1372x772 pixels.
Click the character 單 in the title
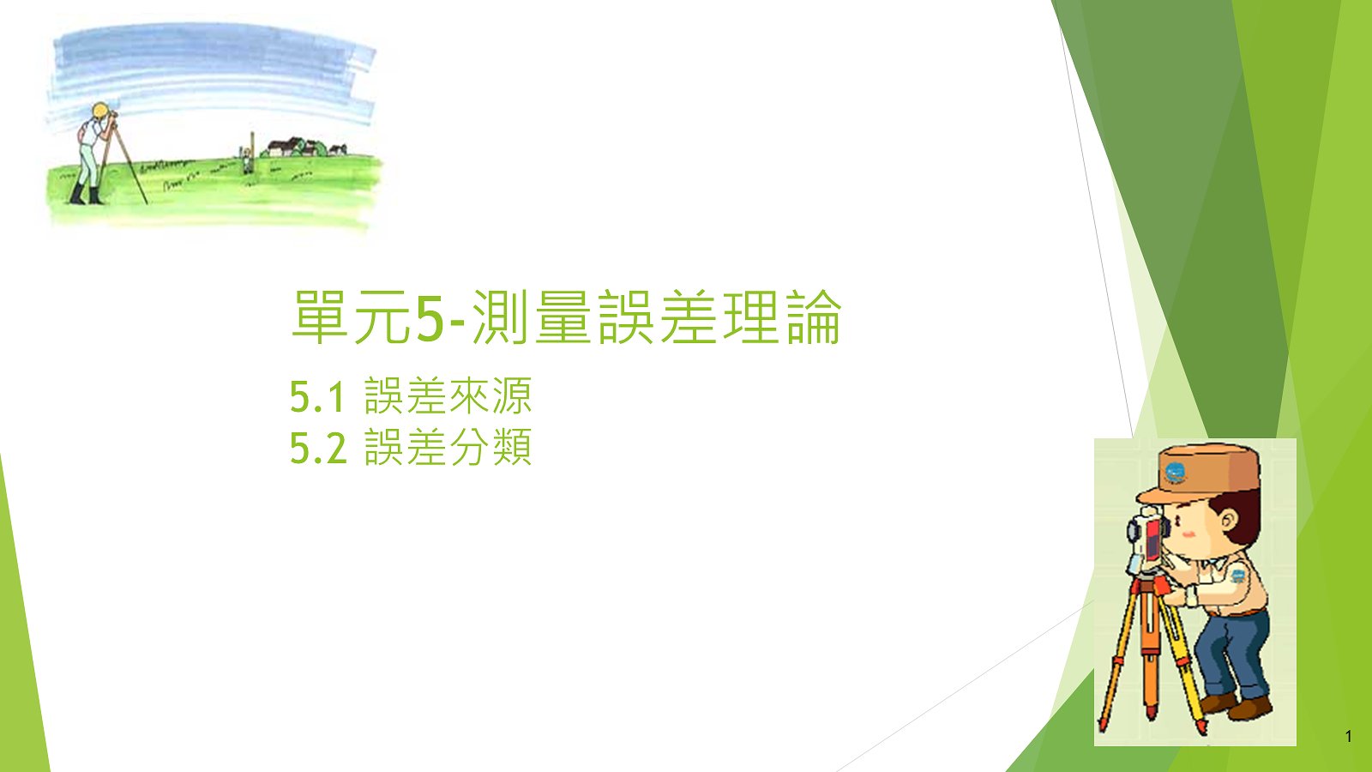click(x=319, y=317)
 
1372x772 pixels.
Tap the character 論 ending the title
click(x=815, y=317)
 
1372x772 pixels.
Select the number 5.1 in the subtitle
click(x=316, y=397)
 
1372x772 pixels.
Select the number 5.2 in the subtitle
click(x=318, y=448)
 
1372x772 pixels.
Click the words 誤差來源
click(x=448, y=395)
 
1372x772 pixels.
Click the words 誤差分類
click(x=448, y=447)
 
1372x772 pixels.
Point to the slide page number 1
click(x=1348, y=737)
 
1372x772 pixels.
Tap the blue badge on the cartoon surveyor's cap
click(x=1175, y=473)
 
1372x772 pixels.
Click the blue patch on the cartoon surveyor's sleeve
click(x=1238, y=576)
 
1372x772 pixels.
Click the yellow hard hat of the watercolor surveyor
click(x=99, y=111)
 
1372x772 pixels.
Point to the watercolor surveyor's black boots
click(x=87, y=194)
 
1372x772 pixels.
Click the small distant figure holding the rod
click(x=246, y=161)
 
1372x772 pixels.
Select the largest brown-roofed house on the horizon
click(x=284, y=147)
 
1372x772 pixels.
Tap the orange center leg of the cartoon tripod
click(x=1150, y=661)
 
